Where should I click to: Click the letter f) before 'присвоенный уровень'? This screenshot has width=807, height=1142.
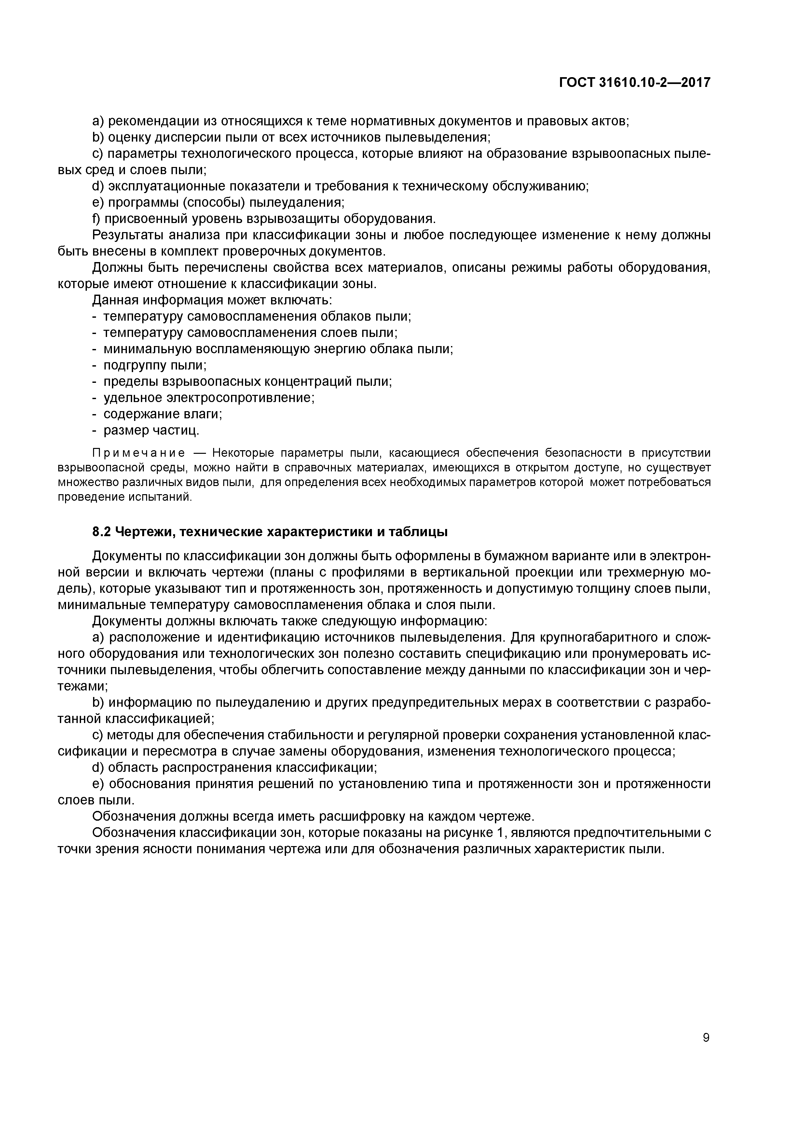(96, 219)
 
